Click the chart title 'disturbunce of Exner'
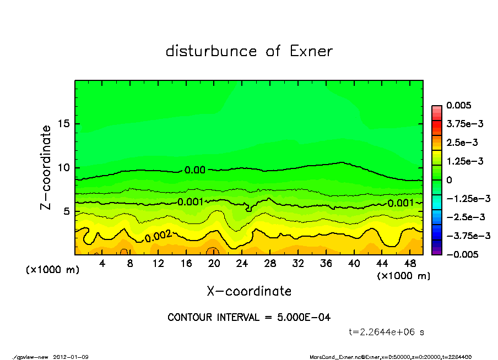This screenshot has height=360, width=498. [x=249, y=52]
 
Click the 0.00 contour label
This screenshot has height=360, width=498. [x=195, y=170]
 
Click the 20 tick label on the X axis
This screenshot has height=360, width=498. [x=214, y=264]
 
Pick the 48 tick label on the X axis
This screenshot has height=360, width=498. [x=410, y=264]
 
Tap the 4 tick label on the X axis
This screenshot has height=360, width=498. [x=102, y=264]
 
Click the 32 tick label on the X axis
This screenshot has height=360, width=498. [x=299, y=264]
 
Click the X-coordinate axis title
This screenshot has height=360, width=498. [x=249, y=291]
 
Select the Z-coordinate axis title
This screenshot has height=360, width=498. [x=46, y=167]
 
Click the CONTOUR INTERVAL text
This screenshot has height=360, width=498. [x=249, y=318]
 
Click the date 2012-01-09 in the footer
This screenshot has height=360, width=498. [x=71, y=357]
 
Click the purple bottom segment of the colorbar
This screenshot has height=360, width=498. [x=436, y=252]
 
